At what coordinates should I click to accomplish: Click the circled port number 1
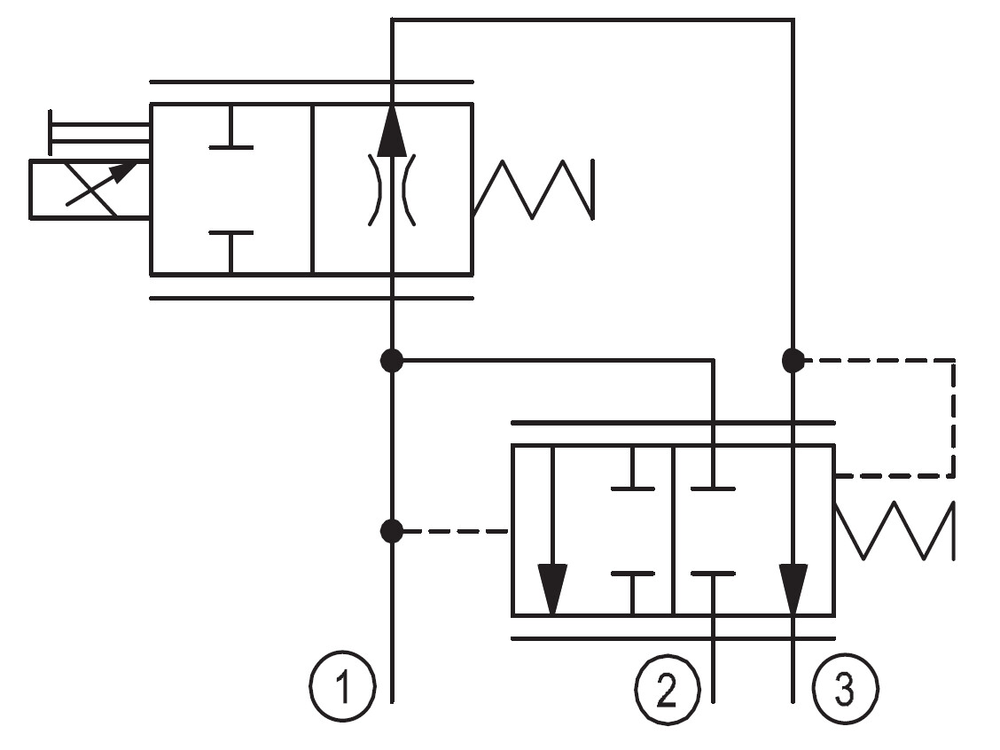(342, 687)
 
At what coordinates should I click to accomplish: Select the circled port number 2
(667, 689)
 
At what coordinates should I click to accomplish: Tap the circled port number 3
(845, 689)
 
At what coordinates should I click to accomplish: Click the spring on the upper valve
(534, 190)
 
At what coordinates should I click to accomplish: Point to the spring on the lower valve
(895, 531)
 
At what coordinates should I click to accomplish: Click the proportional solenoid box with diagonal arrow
(90, 190)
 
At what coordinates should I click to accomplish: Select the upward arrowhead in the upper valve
(392, 130)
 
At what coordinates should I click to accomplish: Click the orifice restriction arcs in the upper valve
(392, 190)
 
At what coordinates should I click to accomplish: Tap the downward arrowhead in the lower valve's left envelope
(552, 589)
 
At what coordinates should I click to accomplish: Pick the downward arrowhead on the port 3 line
(793, 589)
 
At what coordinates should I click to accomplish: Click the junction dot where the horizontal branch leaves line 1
(392, 360)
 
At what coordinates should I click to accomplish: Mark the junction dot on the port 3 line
(793, 360)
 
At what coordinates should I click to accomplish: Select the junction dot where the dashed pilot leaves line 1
(392, 531)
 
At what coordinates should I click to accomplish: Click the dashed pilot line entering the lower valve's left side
(457, 531)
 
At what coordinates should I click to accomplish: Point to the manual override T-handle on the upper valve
(99, 133)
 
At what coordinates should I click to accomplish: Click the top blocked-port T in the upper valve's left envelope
(230, 126)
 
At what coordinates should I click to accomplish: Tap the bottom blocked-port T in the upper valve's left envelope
(230, 253)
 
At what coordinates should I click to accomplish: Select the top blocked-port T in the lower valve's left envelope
(633, 467)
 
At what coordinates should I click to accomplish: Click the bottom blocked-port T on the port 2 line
(713, 594)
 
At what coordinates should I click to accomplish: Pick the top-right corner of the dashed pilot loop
(953, 360)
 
